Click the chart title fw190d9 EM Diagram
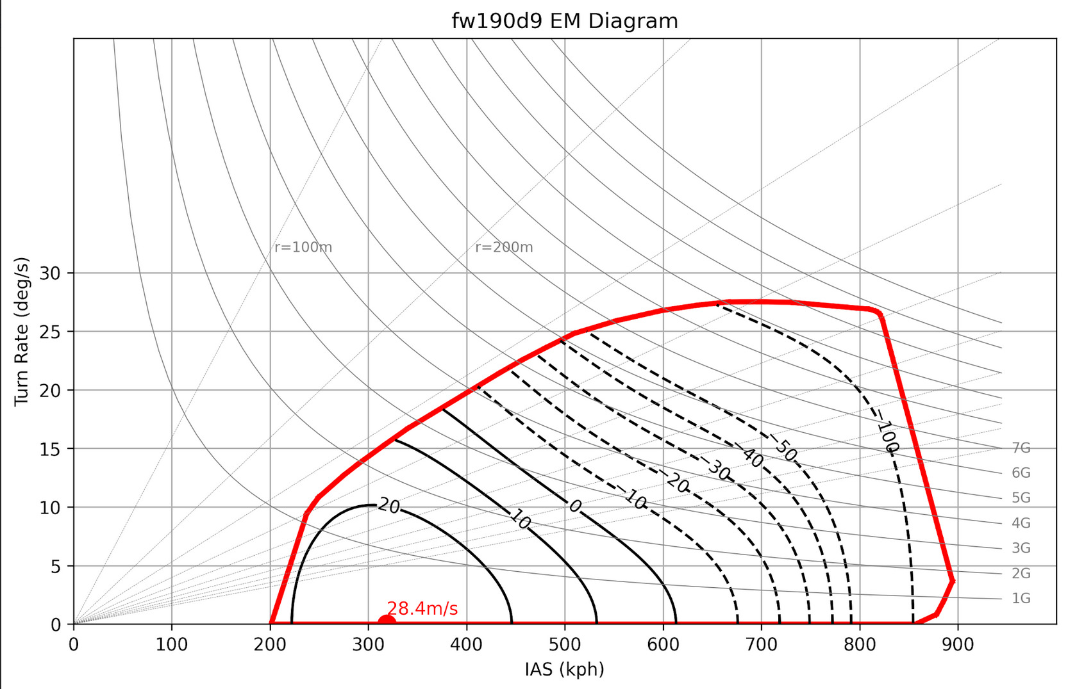point(564,21)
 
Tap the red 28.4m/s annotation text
point(422,608)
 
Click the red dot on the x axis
point(387,621)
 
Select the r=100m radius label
point(303,247)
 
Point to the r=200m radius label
point(504,247)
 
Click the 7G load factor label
point(1021,448)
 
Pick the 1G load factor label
point(1021,598)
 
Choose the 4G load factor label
point(1021,523)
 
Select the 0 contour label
point(575,507)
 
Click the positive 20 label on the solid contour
point(388,507)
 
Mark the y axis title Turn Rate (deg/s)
point(22,331)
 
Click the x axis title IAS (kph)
point(564,670)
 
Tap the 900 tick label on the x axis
point(958,645)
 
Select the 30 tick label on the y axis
point(50,273)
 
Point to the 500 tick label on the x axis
point(565,645)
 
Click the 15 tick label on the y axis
point(50,449)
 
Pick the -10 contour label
point(633,498)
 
